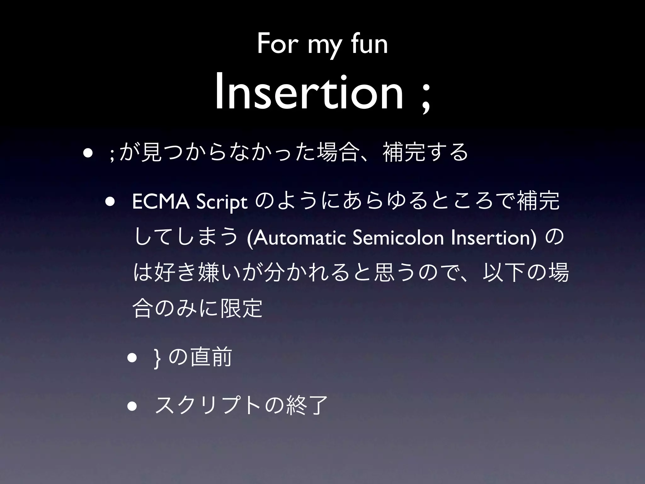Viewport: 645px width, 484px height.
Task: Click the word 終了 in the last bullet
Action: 307,406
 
